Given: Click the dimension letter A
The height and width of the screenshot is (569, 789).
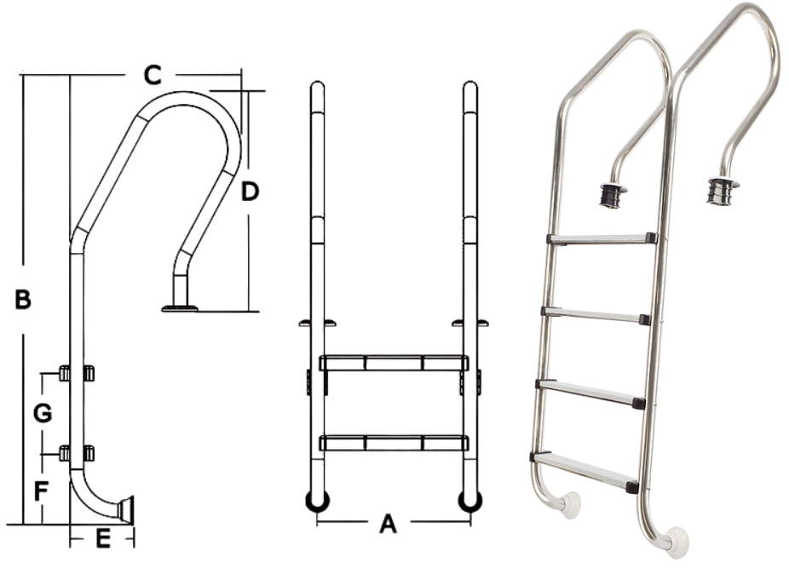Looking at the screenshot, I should (388, 524).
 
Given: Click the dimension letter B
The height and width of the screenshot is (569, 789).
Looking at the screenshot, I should (23, 299).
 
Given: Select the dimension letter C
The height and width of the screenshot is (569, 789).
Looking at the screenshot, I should (151, 76).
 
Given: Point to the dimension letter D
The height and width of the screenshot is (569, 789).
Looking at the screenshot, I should (249, 192).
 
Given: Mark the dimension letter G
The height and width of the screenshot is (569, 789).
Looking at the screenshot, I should (42, 414).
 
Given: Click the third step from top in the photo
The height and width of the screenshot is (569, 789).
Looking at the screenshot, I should (590, 391).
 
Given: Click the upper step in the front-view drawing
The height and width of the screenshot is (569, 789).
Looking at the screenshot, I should (394, 363).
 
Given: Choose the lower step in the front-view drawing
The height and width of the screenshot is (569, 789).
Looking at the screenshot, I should (394, 442).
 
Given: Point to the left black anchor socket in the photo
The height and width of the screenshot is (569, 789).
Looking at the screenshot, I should (610, 195).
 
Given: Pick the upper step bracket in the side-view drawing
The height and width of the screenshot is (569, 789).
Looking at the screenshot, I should (77, 373).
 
